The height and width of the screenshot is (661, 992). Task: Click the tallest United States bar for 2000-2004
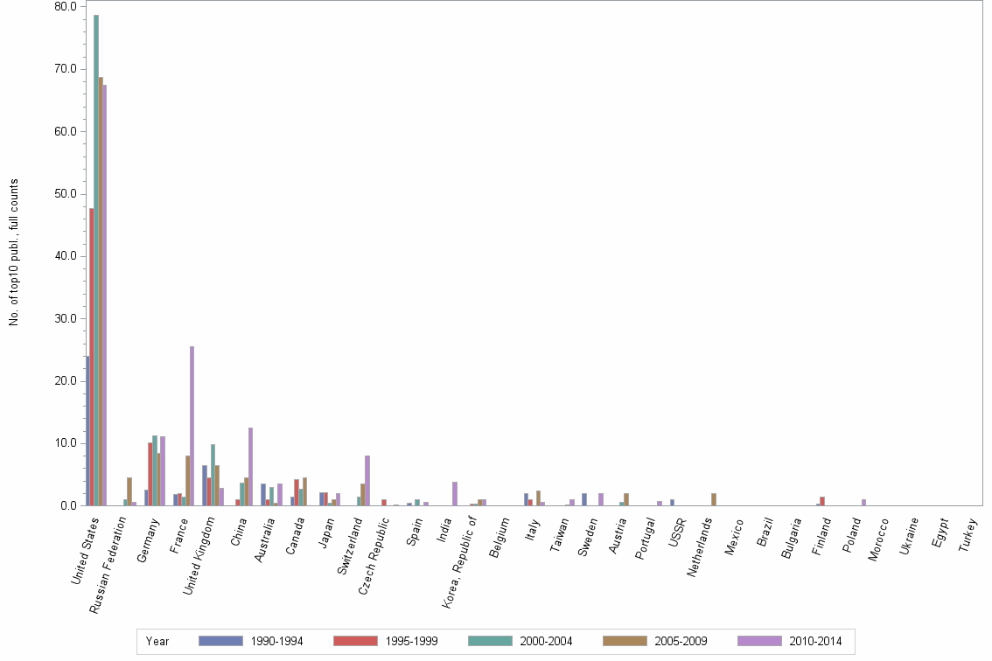pyautogui.click(x=96, y=262)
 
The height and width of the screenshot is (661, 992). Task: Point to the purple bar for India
pyautogui.click(x=455, y=494)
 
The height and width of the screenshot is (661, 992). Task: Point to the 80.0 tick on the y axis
pyautogui.click(x=66, y=6)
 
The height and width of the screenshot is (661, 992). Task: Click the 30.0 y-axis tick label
pyautogui.click(x=66, y=318)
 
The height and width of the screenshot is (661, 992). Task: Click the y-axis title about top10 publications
pyautogui.click(x=14, y=253)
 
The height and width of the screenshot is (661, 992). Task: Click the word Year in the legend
pyautogui.click(x=157, y=642)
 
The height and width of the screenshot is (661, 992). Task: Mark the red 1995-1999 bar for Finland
pyautogui.click(x=822, y=501)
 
